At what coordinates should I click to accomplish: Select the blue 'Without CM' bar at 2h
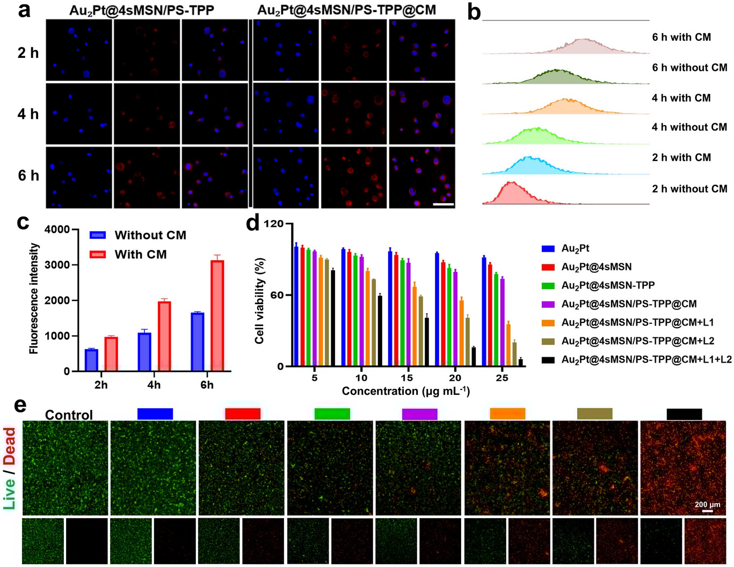click(91, 360)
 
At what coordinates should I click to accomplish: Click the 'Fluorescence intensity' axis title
click(34, 298)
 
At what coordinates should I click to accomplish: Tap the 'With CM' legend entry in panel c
click(141, 254)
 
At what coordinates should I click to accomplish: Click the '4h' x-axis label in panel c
click(154, 385)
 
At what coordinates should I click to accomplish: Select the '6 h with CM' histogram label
click(681, 37)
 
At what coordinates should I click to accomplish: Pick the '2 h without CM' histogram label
click(689, 189)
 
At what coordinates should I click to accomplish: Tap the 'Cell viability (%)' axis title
click(260, 300)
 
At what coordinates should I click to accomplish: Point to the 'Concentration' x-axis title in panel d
click(405, 391)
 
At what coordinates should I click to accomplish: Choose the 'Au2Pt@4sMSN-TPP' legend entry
click(608, 285)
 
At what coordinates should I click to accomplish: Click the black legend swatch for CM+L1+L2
click(548, 359)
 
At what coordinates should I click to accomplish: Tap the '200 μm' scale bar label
click(707, 504)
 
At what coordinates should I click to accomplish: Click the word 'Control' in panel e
click(69, 415)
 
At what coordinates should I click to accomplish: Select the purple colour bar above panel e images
click(419, 414)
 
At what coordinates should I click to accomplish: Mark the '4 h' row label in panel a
click(28, 114)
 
